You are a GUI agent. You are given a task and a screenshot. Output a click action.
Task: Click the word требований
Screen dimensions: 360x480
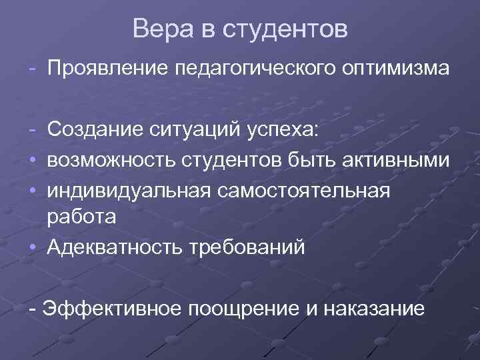pyautogui.click(x=246, y=247)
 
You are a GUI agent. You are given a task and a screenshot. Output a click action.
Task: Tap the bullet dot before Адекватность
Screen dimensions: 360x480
pyautogui.click(x=33, y=247)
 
